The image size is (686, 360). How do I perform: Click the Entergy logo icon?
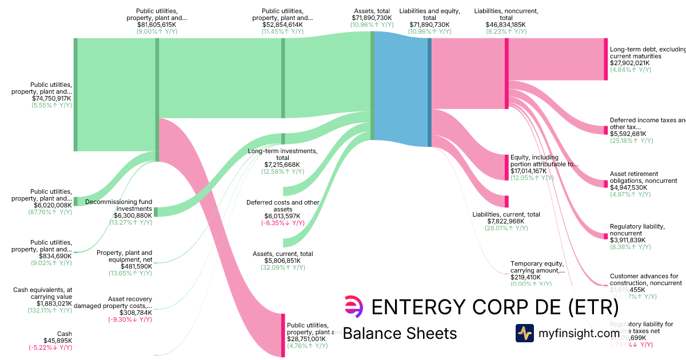point(353,307)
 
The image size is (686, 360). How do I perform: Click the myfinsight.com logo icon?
point(525,333)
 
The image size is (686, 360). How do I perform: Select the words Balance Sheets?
point(400,333)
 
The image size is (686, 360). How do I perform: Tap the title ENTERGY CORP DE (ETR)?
point(495,307)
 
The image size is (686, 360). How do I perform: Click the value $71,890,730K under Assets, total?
point(372,18)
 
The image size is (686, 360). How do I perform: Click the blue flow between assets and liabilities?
point(401,86)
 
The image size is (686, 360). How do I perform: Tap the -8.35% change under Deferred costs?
point(282,223)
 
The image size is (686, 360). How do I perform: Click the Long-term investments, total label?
point(282,154)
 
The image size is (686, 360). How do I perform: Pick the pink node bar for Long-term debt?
point(606,59)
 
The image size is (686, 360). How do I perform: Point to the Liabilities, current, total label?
point(506,214)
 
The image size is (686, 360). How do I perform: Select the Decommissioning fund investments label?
point(119,205)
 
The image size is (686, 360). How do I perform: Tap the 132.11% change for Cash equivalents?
point(50,310)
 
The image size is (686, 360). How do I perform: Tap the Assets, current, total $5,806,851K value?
point(282,261)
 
